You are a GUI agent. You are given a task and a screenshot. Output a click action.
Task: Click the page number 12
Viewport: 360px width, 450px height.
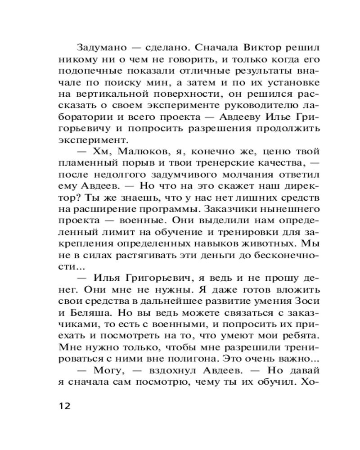[64, 405]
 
